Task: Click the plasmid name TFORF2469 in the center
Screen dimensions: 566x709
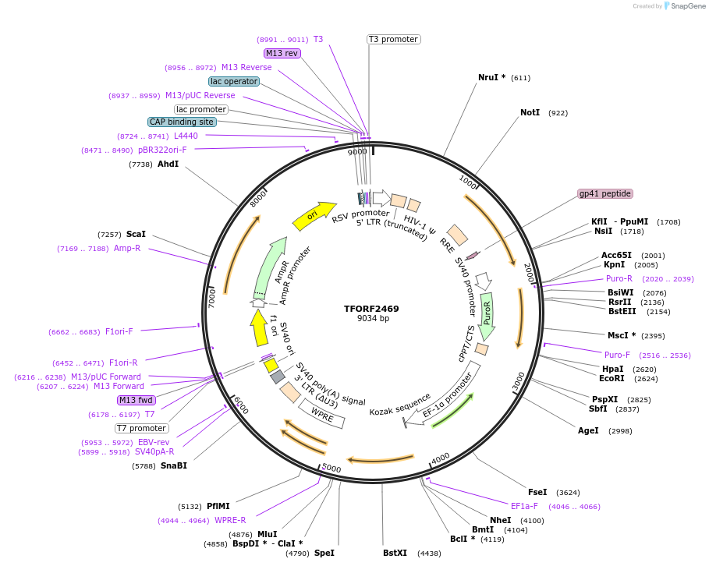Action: (x=371, y=309)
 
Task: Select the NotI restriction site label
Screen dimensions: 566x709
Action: (x=530, y=113)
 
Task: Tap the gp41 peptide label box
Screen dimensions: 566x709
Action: (x=604, y=193)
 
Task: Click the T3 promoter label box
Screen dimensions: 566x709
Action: (x=393, y=39)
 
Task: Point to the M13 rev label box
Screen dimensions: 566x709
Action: (x=282, y=53)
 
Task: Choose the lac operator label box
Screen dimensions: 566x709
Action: (x=233, y=81)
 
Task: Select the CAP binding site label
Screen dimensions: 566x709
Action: (x=182, y=122)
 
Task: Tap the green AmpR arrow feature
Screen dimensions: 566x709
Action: (x=270, y=264)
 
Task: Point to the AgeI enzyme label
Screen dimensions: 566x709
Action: (x=588, y=430)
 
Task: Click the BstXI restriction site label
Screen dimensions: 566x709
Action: (x=395, y=553)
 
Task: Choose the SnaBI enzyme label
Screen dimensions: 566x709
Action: (x=174, y=465)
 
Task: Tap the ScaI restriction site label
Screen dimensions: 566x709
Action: (x=136, y=234)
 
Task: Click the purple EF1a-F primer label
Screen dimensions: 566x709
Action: (x=524, y=506)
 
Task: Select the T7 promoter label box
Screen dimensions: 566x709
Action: (x=141, y=428)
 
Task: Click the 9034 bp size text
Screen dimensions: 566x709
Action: (x=373, y=319)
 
